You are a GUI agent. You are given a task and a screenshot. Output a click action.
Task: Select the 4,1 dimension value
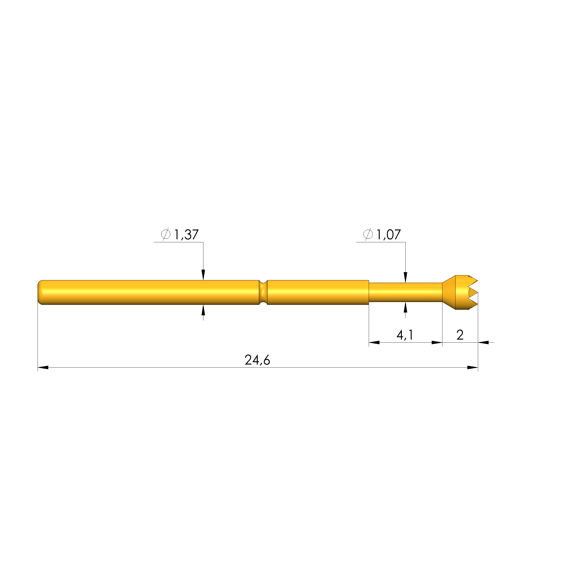tap(405, 335)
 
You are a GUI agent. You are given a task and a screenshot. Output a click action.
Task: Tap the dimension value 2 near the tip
tap(460, 335)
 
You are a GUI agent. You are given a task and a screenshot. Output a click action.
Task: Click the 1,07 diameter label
tap(388, 235)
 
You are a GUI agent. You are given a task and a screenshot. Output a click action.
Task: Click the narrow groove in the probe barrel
tap(263, 292)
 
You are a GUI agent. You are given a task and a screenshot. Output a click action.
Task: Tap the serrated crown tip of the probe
tap(467, 292)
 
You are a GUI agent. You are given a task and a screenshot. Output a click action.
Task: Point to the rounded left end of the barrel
tap(40, 292)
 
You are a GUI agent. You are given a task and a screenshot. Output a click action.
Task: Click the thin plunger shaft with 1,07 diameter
tap(405, 292)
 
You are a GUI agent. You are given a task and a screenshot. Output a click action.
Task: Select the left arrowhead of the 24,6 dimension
tap(43, 368)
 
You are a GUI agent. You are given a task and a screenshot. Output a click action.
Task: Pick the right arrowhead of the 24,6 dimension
tap(473, 368)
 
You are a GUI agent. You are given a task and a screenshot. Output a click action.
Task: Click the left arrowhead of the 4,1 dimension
tap(374, 342)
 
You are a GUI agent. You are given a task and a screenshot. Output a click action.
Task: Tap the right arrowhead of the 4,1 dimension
tap(437, 342)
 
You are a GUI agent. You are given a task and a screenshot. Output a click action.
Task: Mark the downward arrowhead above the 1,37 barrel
tap(203, 275)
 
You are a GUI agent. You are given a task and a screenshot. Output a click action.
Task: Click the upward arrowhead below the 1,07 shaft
tap(405, 307)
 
